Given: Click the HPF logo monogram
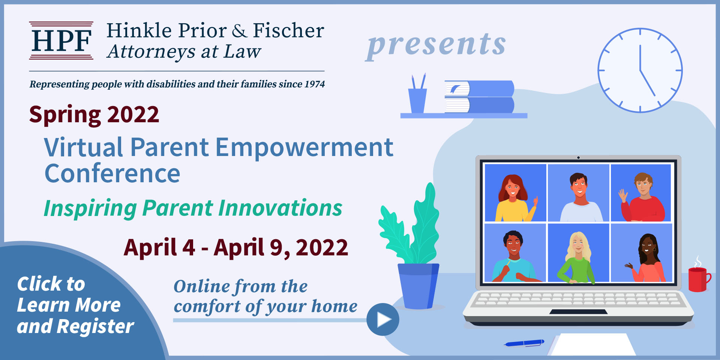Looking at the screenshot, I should point(61,40).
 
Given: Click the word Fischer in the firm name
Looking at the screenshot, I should point(288,31).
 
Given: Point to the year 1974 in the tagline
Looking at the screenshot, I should point(314,84).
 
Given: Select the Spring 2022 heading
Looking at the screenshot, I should point(94,114).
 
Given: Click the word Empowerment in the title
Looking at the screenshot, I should point(304,147).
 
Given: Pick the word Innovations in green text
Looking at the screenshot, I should point(280,208).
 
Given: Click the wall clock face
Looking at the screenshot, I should point(640,70).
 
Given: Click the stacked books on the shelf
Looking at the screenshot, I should point(479,97).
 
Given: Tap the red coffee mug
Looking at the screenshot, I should point(697,279).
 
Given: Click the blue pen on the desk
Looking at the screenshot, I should point(524,343).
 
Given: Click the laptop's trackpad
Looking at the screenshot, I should point(578,312).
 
